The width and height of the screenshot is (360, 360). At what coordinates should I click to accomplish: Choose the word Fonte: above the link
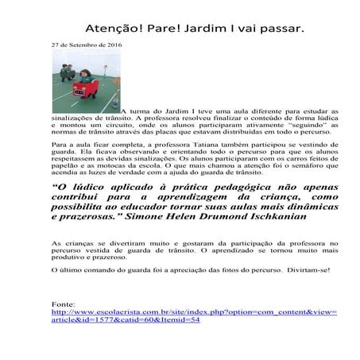(x=64, y=305)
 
